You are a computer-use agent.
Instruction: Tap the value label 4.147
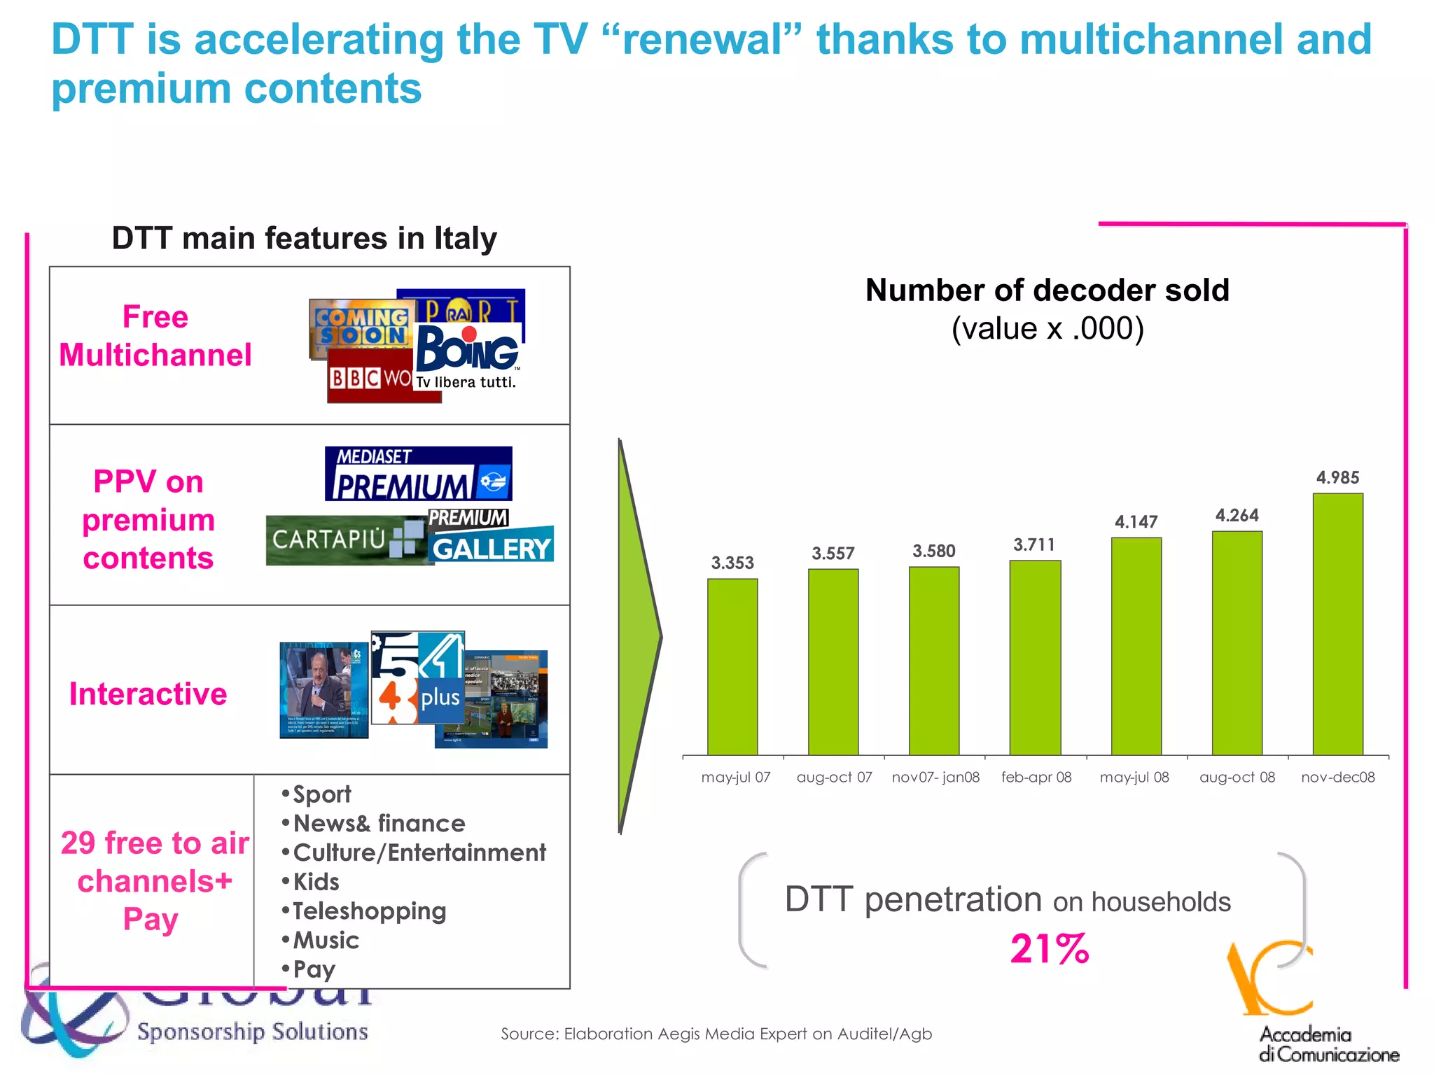point(1136,521)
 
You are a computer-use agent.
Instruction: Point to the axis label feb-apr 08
point(1036,778)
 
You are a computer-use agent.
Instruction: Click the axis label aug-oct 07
point(834,778)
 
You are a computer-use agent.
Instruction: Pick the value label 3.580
point(933,551)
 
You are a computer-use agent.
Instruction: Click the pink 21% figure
point(1049,949)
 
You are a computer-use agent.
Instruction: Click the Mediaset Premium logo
point(418,474)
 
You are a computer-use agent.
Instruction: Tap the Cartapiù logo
point(343,540)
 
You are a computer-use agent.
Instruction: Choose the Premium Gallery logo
point(490,537)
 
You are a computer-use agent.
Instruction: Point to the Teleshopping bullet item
point(369,911)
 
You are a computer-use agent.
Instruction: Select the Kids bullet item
point(316,882)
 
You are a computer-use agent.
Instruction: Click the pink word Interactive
point(148,694)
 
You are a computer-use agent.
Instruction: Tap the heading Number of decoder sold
point(1047,290)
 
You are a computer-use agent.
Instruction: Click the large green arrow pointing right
point(637,637)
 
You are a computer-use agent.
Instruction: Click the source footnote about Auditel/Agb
point(716,1034)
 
